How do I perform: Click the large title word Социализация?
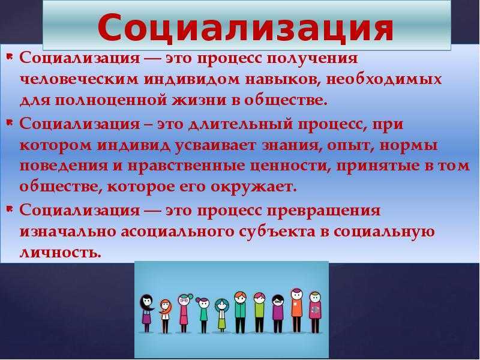click(245, 28)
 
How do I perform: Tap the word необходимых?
click(384, 79)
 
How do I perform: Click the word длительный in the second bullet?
click(241, 125)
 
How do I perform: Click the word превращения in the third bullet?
click(323, 211)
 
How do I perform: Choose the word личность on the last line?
click(61, 253)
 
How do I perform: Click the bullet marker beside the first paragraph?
click(10, 56)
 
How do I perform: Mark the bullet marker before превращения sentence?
click(10, 209)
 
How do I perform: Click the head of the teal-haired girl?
click(222, 305)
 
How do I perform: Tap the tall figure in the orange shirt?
click(296, 310)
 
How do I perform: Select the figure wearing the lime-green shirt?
click(259, 313)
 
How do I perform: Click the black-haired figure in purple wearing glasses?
click(278, 314)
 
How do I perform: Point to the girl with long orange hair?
click(166, 316)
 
